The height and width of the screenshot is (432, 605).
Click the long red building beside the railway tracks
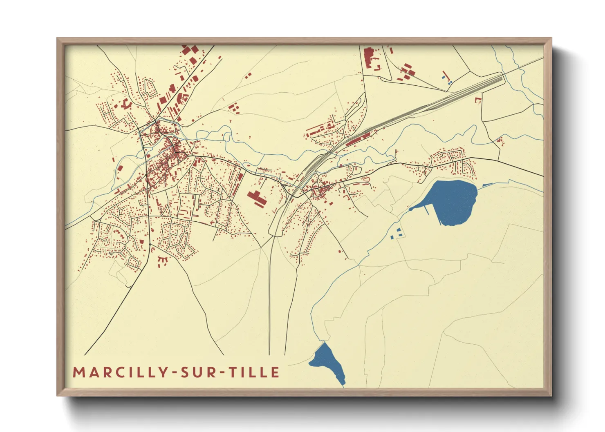pyautogui.click(x=358, y=138)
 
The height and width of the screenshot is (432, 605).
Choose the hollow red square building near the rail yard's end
pyautogui.click(x=477, y=100)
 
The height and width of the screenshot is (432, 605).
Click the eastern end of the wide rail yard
pyautogui.click(x=501, y=76)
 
